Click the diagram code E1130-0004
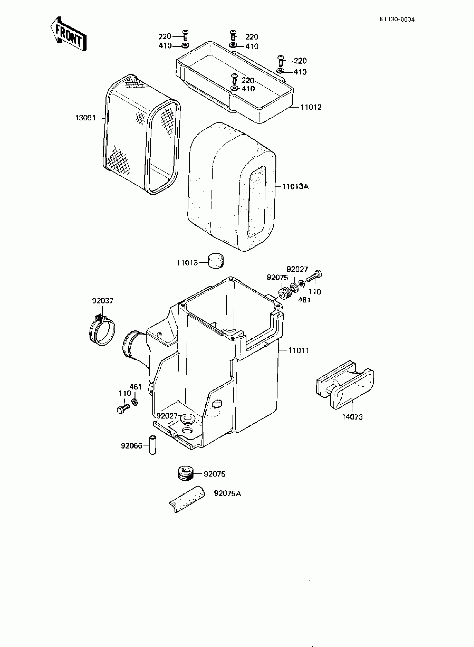coord(397,20)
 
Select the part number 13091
coord(85,118)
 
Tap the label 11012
coord(311,107)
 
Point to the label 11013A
coord(295,186)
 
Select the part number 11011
coord(299,350)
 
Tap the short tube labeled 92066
coord(152,445)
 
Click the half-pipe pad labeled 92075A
coord(187,499)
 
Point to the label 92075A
coord(228,494)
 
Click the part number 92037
coord(102,301)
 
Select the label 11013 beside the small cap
coord(187,263)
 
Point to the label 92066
coord(131,446)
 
